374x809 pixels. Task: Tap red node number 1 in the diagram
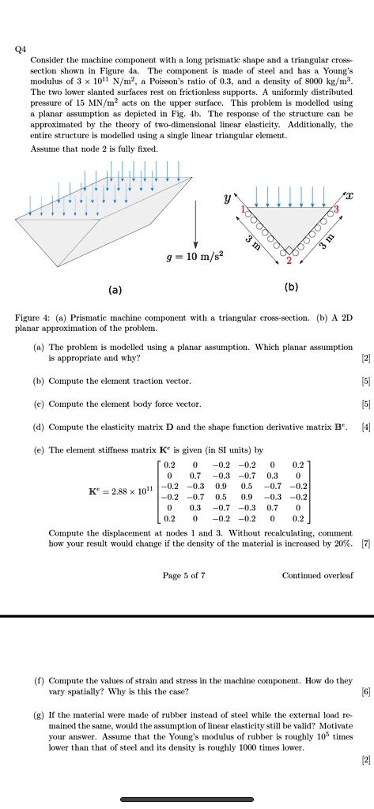point(245,209)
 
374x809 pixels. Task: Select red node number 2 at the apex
point(289,260)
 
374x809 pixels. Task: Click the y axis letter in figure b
point(227,194)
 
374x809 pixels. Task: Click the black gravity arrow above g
point(195,226)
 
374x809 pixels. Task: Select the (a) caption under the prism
point(115,289)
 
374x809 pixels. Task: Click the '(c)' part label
point(39,404)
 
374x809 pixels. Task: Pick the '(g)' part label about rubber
point(39,715)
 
